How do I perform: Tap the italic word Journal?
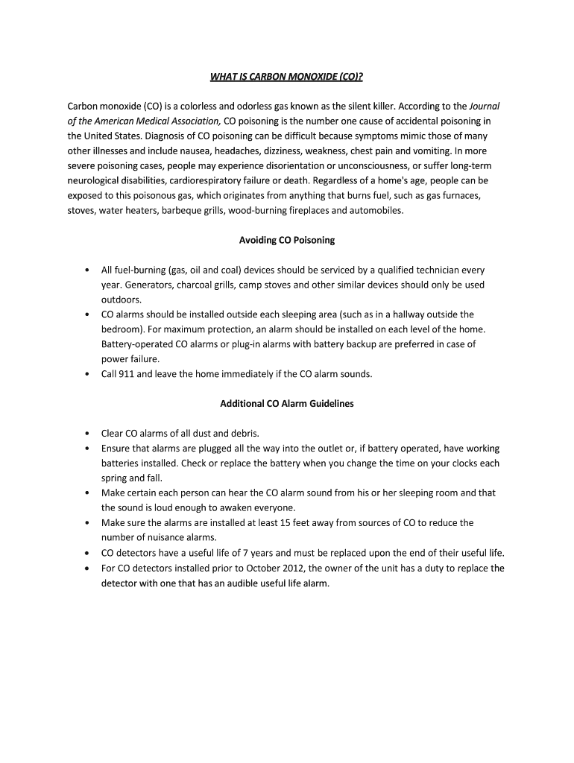tap(485, 106)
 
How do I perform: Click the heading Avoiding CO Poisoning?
tap(286, 240)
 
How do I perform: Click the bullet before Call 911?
tap(87, 374)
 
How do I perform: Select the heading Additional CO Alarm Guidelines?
tap(286, 404)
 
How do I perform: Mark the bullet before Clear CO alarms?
tap(87, 434)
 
